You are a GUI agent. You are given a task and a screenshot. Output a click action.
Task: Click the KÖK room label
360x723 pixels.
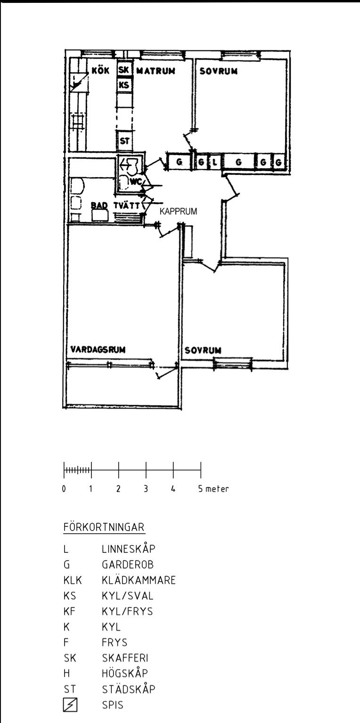click(100, 70)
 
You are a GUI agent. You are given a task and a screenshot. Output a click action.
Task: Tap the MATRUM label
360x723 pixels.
click(156, 71)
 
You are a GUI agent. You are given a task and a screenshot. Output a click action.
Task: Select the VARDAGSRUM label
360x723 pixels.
click(98, 349)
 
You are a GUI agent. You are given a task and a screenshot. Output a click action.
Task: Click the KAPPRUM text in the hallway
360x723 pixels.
click(178, 212)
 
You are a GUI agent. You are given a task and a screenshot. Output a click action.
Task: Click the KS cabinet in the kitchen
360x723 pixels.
click(124, 85)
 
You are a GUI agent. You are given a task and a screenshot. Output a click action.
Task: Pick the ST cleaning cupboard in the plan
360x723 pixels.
click(124, 141)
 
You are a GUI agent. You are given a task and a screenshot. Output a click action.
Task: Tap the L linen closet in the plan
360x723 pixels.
click(214, 162)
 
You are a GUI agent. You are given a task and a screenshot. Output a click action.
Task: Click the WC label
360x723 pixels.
click(136, 182)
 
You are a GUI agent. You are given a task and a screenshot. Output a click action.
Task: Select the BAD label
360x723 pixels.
click(98, 205)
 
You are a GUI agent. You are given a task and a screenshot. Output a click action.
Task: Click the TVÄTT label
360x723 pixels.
click(126, 205)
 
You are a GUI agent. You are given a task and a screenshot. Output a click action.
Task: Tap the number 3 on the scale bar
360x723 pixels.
click(146, 489)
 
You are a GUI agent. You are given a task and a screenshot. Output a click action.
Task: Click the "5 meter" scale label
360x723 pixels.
click(213, 489)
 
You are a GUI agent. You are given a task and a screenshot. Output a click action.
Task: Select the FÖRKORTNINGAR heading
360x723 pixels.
click(104, 527)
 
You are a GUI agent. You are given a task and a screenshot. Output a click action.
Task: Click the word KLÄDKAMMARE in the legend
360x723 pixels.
click(139, 580)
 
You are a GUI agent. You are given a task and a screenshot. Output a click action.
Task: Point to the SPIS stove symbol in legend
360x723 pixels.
click(70, 705)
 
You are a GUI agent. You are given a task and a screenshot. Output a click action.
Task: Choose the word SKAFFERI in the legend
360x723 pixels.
click(125, 658)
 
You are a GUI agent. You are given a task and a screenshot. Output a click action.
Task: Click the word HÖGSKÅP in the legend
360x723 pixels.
click(125, 673)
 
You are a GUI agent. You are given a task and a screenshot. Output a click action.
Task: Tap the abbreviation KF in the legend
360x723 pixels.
click(69, 611)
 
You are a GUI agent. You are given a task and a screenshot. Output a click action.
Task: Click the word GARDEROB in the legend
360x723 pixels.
click(128, 565)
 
